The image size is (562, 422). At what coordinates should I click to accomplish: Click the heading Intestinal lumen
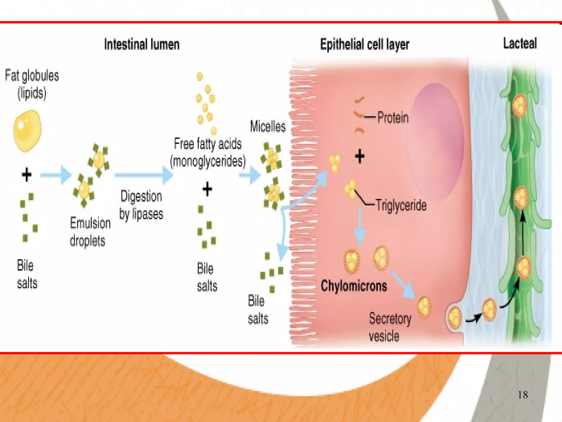point(142,44)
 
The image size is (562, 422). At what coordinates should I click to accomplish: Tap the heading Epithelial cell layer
point(364,44)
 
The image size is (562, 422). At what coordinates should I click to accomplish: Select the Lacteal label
point(520,43)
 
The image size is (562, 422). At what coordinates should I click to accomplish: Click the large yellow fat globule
point(27,131)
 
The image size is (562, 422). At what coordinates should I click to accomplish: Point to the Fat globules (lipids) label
point(32,84)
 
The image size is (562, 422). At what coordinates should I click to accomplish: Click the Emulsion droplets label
point(90,232)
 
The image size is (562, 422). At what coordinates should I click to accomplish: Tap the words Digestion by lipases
point(141,205)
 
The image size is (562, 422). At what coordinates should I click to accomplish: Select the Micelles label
point(268,127)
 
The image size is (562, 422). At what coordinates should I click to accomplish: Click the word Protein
point(393,118)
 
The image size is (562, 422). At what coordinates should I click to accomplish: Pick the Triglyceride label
point(401,205)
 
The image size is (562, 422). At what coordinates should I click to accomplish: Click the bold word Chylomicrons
point(354,286)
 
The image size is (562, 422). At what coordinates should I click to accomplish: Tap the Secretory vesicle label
point(390,327)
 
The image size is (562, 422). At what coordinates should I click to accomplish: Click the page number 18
point(522,395)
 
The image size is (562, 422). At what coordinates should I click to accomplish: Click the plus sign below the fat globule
point(27,174)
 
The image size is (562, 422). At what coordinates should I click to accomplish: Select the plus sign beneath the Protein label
point(359,157)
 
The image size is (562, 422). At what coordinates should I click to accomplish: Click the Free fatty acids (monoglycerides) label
point(208,152)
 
